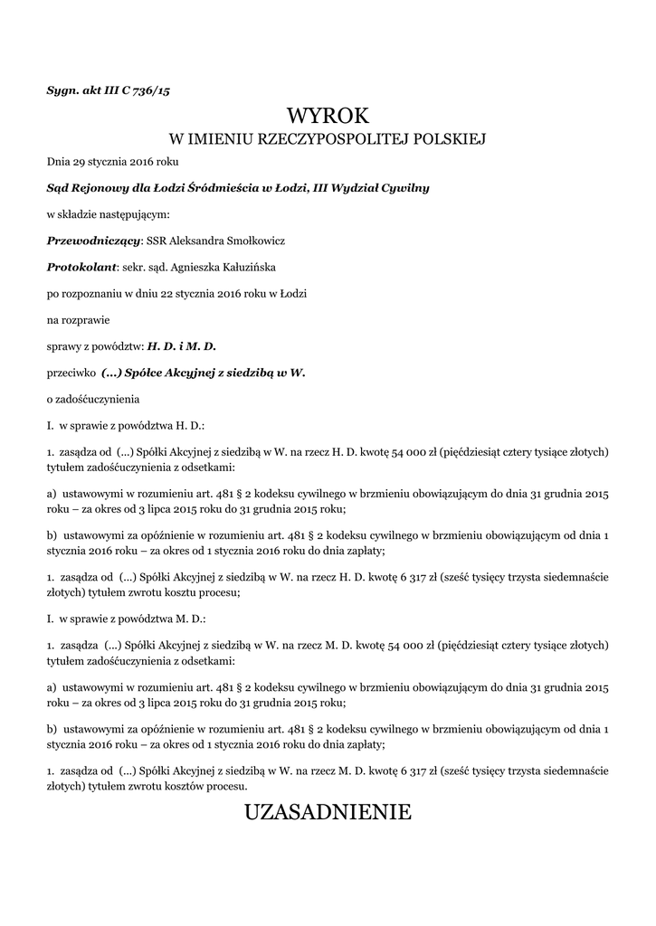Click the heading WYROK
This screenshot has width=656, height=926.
pos(328,116)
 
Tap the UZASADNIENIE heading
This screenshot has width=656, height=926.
pos(328,812)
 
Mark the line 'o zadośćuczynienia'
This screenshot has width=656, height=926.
pos(93,398)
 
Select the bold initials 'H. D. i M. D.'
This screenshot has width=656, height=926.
pos(183,345)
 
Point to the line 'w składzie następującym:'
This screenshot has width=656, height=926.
pos(108,215)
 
